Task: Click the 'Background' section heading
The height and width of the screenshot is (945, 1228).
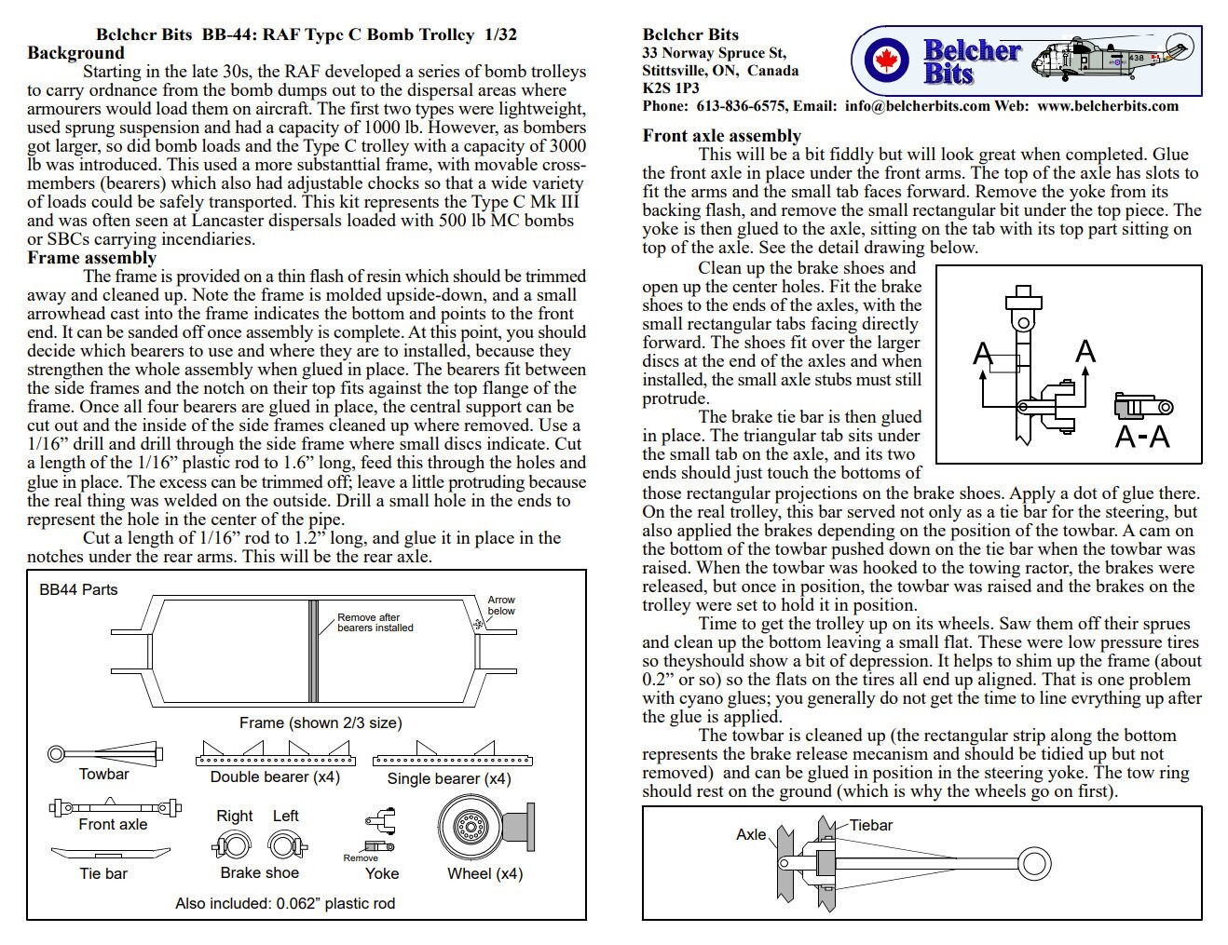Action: tap(75, 53)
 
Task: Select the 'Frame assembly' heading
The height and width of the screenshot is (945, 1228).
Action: tap(91, 258)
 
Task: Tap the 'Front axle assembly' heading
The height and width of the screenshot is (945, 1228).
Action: tap(721, 136)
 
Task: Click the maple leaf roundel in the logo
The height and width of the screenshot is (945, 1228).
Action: tap(880, 62)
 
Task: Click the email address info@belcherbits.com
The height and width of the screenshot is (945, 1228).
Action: tap(917, 106)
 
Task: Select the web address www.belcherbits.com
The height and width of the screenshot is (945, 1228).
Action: tap(1107, 106)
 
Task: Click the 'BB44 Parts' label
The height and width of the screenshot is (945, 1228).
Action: tap(78, 589)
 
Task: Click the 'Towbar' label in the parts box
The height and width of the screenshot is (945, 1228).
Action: tap(103, 775)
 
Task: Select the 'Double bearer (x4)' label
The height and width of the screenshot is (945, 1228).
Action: tap(275, 777)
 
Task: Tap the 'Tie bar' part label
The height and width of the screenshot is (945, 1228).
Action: tap(103, 873)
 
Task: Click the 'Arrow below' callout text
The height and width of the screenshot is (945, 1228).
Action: tap(501, 605)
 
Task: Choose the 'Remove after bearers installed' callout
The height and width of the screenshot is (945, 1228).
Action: tap(375, 623)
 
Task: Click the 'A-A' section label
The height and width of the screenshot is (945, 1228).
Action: tap(1142, 436)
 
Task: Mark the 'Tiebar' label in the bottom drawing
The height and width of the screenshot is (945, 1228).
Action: tap(870, 825)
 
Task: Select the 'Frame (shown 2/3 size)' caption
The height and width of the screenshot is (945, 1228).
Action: tap(321, 722)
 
